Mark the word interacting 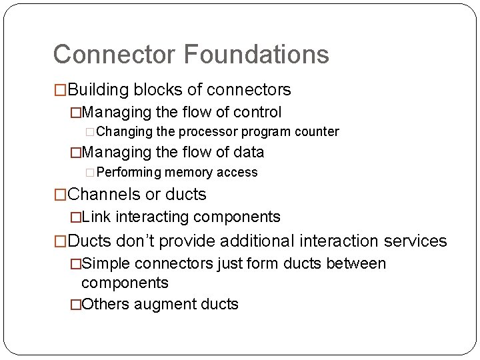[x=153, y=217]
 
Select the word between [x=356, y=264]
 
